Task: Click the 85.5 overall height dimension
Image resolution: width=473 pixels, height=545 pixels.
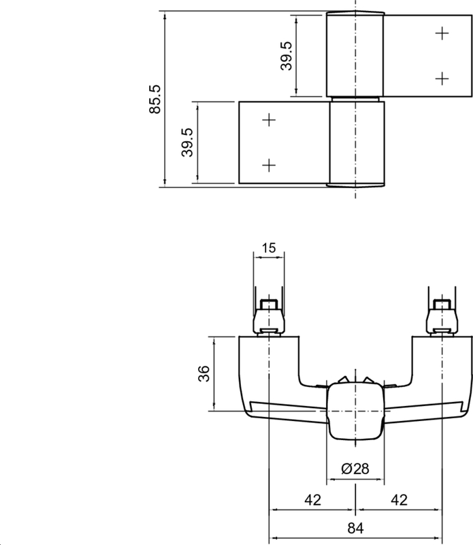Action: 154,98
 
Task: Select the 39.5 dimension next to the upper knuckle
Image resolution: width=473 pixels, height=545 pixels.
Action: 287,56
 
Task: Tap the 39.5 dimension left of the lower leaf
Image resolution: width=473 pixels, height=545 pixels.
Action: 187,142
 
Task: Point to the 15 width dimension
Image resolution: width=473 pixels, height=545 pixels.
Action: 270,248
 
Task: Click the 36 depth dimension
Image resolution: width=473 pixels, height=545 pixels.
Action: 203,373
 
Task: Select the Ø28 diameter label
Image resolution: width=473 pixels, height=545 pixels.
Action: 355,469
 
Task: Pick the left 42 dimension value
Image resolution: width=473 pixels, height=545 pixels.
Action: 312,500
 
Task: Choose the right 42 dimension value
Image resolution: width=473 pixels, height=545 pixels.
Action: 399,500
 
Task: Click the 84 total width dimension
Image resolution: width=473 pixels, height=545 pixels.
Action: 356,529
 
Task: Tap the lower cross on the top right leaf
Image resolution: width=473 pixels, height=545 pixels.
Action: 442,78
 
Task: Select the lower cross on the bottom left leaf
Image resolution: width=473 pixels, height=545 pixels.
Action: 270,165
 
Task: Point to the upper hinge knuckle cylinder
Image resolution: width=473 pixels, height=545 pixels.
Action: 355,54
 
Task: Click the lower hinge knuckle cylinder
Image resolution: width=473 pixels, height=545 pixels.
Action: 355,143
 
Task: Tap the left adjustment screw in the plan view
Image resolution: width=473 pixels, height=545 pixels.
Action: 270,317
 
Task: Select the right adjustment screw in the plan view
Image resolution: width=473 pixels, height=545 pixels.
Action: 442,317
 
